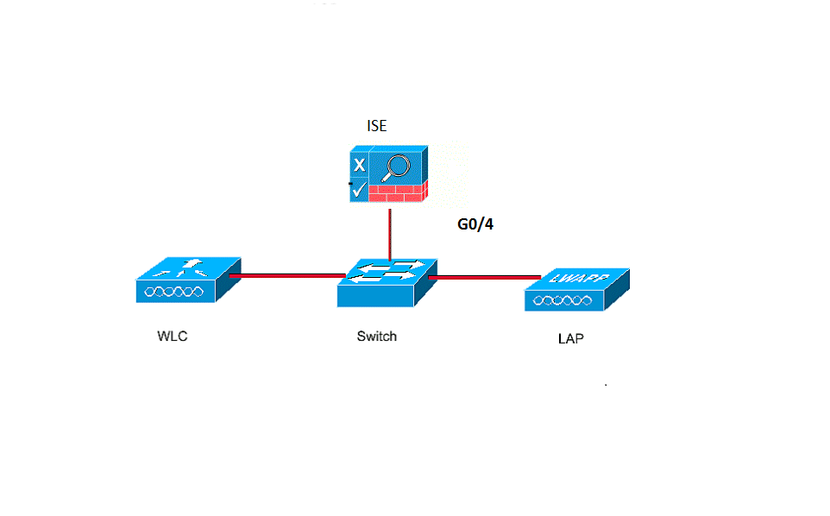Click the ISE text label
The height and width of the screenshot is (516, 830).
click(377, 127)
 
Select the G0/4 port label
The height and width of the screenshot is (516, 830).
click(475, 225)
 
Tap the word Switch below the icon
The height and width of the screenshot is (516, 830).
click(377, 336)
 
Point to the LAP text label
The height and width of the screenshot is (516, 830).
click(570, 338)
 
